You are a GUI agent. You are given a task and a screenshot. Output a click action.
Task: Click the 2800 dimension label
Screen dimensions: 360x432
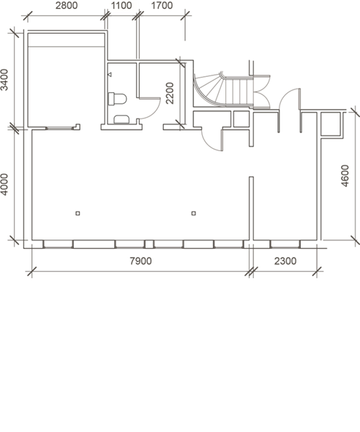point(67,6)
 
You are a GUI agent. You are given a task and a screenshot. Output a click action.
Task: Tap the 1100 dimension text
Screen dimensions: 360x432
point(121,6)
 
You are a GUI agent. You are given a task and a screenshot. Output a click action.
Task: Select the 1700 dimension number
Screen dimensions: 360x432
point(162,6)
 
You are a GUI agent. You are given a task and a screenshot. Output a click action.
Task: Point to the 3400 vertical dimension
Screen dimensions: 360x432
point(4,80)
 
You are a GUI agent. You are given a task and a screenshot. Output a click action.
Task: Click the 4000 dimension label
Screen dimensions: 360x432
point(4,185)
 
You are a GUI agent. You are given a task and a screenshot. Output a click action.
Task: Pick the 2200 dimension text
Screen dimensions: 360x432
point(170,93)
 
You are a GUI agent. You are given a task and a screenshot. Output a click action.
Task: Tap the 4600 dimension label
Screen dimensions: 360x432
point(345,176)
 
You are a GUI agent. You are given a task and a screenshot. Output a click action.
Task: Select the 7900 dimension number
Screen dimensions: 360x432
point(140,261)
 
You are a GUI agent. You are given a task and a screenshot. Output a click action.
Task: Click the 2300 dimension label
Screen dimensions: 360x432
point(285,261)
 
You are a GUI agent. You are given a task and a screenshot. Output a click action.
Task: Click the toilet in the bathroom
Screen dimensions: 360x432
point(118,99)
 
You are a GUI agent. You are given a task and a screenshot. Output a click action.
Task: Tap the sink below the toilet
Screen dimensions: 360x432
point(121,119)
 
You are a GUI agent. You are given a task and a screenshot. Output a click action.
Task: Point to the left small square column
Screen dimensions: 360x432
point(78,213)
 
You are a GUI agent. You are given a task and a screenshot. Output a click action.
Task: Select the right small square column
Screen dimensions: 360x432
point(194,213)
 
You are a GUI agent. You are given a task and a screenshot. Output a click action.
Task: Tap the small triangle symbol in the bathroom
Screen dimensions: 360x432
point(110,75)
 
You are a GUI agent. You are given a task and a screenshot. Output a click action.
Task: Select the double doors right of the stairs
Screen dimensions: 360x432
point(261,92)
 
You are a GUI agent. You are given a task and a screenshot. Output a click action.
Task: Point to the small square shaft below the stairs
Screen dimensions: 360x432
point(241,119)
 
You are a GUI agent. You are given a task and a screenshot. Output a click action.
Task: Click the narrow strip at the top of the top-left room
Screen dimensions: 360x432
point(66,40)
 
